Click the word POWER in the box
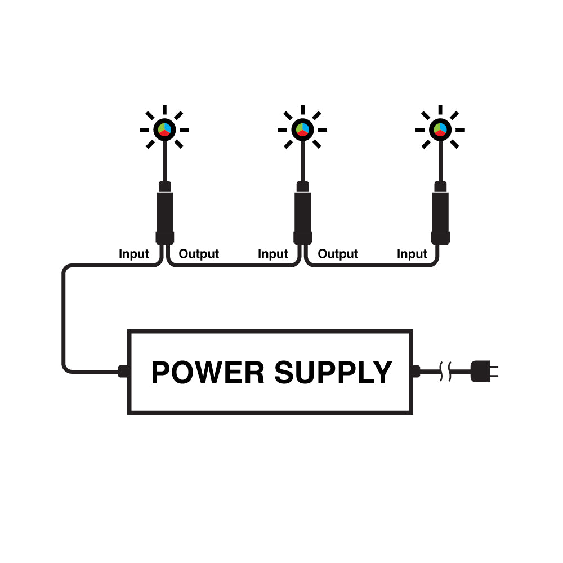[208, 373]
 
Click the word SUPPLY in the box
[333, 373]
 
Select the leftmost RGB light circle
[164, 129]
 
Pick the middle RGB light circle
[302, 129]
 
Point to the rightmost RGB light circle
[440, 129]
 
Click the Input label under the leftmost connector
[134, 254]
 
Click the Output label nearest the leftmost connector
[199, 254]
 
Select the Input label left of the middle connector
[273, 254]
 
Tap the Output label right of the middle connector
[338, 254]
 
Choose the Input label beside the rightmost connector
[412, 254]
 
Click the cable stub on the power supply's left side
[123, 372]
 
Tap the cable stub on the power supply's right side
[417, 372]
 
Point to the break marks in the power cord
[445, 372]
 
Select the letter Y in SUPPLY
[381, 373]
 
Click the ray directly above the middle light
[302, 110]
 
